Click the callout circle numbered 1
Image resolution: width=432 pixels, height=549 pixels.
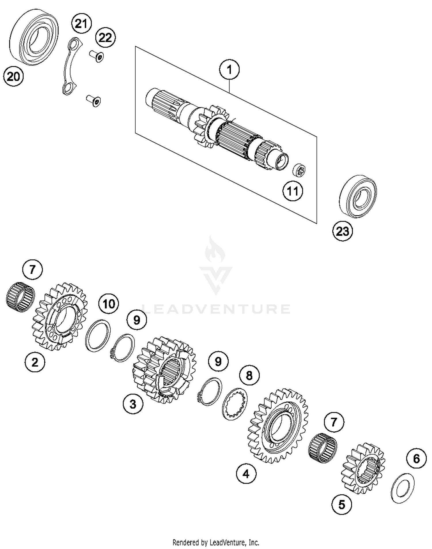[x=229, y=70]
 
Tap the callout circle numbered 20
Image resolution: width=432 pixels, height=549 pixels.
[x=13, y=77]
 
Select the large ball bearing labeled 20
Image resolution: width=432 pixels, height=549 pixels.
[x=34, y=37]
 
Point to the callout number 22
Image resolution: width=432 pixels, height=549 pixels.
[x=105, y=38]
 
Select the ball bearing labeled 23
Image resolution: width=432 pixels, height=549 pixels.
[x=358, y=196]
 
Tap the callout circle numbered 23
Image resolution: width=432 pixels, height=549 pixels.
[x=342, y=231]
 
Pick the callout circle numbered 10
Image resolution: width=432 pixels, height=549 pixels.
[x=109, y=304]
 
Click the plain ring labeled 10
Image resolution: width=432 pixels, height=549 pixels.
[x=98, y=335]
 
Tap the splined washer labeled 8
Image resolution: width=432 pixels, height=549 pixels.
[x=235, y=404]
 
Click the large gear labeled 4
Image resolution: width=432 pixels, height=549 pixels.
[x=277, y=426]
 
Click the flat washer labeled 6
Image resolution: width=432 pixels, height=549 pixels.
[x=403, y=488]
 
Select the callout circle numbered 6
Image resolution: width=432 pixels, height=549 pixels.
[x=416, y=459]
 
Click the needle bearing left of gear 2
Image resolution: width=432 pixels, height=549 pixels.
[x=20, y=297]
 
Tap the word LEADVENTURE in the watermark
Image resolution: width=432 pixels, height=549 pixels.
[x=216, y=309]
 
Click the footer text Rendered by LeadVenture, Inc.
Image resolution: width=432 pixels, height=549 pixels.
[x=216, y=543]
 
